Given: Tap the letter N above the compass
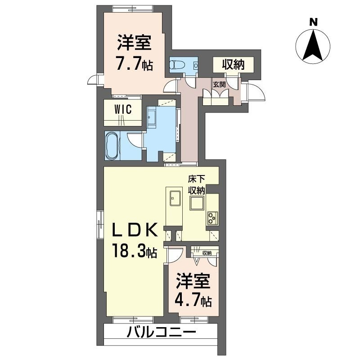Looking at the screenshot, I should coord(313,21).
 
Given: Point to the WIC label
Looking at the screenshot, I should coord(122,109).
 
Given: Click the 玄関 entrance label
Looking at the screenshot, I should coord(219,84).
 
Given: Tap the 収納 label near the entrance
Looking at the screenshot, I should coord(233,64).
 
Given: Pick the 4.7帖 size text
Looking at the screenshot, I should coord(193,300).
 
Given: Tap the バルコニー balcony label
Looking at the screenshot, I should coord(161,334).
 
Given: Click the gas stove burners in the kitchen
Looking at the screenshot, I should coord(212,218).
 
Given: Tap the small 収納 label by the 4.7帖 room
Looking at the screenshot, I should coord(207,253).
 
